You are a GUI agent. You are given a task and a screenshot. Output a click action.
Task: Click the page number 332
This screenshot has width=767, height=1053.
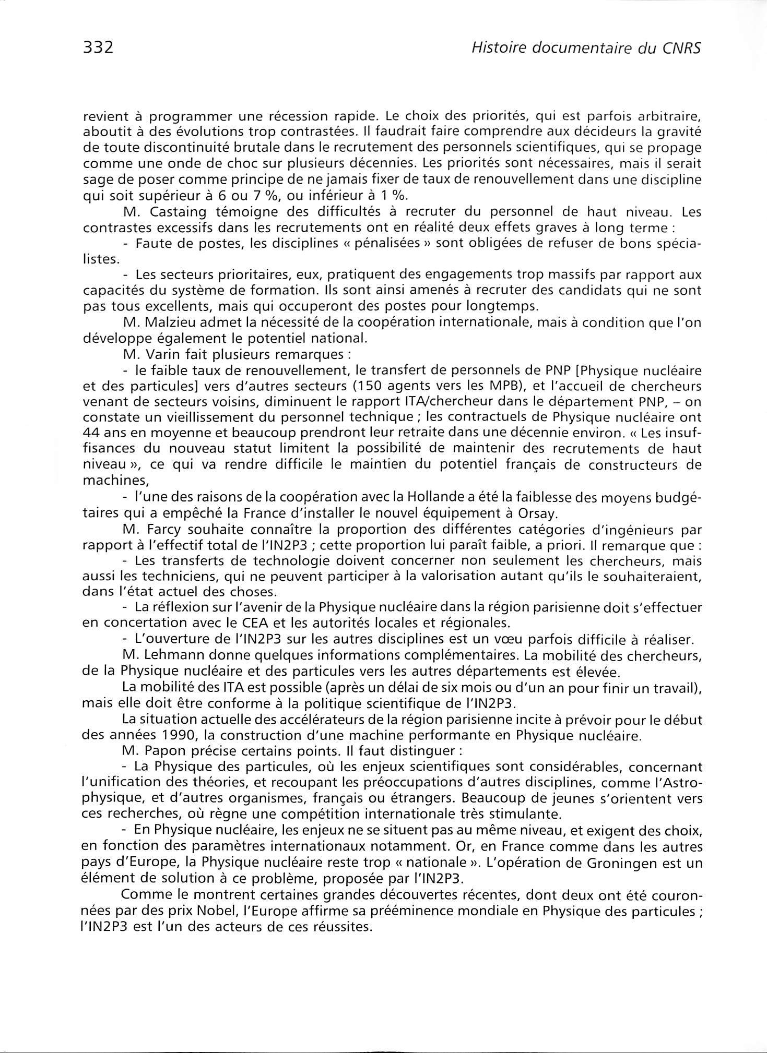tap(98, 47)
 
